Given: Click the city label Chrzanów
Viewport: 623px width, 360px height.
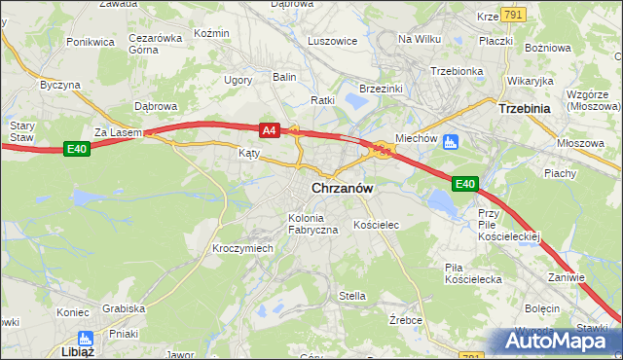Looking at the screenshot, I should coord(345,188).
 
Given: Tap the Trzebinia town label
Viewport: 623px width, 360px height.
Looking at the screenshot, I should coord(526,110).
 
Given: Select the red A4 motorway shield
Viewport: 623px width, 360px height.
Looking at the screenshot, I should coord(270,129).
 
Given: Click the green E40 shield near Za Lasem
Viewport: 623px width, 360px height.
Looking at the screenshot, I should coord(78,149).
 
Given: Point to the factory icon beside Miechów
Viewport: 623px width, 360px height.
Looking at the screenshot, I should coord(451,142).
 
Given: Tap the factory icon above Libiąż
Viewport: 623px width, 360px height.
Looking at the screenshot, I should coord(84,338).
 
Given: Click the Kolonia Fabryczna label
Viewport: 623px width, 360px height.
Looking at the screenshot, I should coord(312,223).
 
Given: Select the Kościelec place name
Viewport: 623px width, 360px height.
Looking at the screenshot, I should coord(377,225).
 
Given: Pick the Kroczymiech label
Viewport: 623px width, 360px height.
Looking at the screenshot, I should coord(243,248).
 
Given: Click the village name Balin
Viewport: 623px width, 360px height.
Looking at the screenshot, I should coord(284,76).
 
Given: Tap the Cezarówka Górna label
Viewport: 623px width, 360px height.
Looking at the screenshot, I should coord(156,45).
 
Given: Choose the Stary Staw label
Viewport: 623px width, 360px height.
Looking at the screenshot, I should coord(21,131).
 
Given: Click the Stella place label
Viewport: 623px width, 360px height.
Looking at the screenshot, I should coord(351,296).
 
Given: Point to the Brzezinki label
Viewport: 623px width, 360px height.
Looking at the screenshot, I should coord(382,88).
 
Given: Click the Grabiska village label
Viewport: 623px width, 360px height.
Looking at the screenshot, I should coord(123,308).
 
